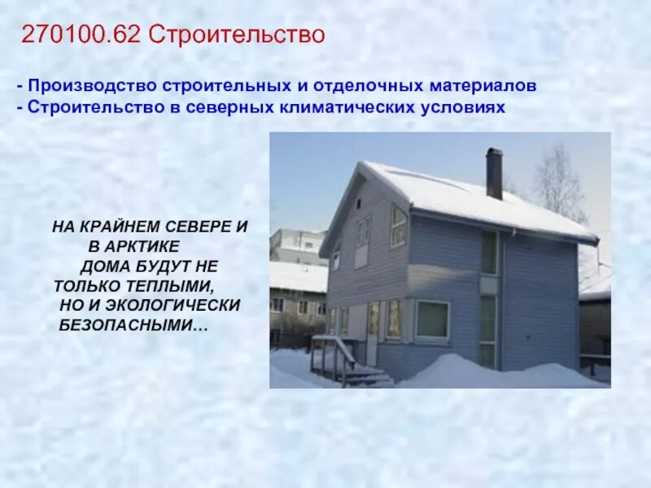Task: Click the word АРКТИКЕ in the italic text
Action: (x=145, y=246)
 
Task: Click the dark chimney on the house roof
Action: (x=494, y=173)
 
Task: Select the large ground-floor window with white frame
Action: (x=432, y=320)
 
